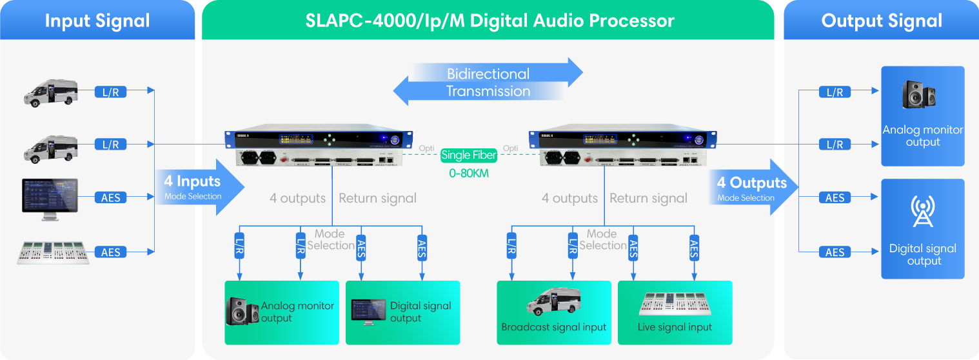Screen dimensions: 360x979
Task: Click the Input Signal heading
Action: pyautogui.click(x=97, y=21)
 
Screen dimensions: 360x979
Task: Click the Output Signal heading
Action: pyautogui.click(x=882, y=21)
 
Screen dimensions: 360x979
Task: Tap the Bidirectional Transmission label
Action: pyautogui.click(x=488, y=82)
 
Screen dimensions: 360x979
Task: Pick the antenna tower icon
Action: pyautogui.click(x=922, y=212)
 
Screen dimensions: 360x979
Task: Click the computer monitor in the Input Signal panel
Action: pyautogui.click(x=50, y=195)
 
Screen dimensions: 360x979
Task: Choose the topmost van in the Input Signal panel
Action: pyautogui.click(x=50, y=94)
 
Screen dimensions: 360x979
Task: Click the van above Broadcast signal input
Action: pyautogui.click(x=553, y=301)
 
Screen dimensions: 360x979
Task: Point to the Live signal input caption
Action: pyautogui.click(x=675, y=327)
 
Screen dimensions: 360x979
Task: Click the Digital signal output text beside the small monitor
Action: pyautogui.click(x=420, y=312)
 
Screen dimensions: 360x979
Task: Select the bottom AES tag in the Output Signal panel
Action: pyautogui.click(x=835, y=252)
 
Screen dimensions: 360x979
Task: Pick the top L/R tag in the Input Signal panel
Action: pyautogui.click(x=111, y=92)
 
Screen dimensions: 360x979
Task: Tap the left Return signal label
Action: pyautogui.click(x=377, y=198)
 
